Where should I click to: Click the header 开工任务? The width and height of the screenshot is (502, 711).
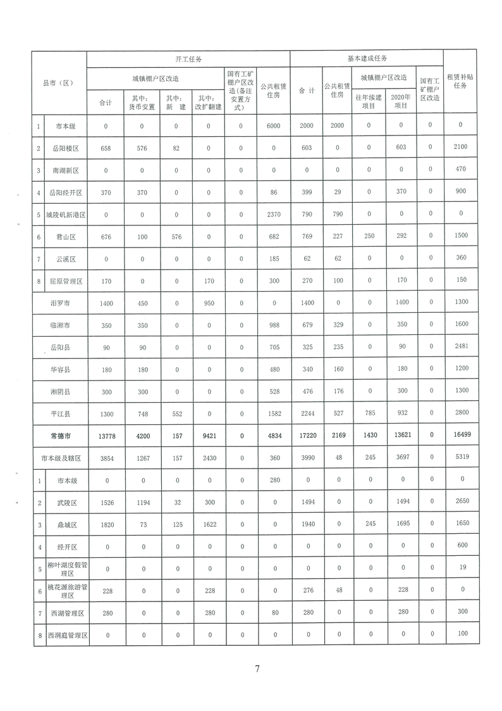point(188,59)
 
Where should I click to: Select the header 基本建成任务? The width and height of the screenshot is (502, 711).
point(367,58)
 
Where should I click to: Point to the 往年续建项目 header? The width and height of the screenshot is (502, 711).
point(369,102)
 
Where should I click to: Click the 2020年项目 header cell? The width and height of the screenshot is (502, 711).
point(400,102)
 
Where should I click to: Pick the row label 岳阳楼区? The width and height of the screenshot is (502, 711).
point(66,149)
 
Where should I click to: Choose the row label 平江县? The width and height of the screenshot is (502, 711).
point(66,413)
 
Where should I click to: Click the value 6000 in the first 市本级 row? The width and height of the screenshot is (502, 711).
point(273,126)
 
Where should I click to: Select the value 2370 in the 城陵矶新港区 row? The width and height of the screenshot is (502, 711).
point(273,215)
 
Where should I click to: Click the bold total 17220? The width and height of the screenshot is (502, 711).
point(307,436)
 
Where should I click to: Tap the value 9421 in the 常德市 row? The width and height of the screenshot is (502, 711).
point(209,436)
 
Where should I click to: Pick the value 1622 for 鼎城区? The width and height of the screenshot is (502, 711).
point(209,525)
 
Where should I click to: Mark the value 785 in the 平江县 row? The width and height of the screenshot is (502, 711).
point(369,413)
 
